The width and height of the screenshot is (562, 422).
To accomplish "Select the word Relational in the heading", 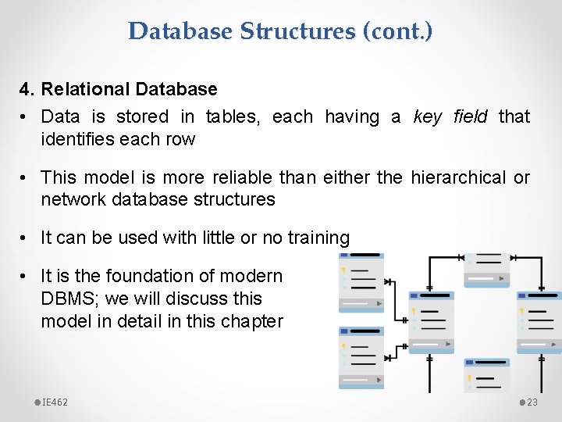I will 85,90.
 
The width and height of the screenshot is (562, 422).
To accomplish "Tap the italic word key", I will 427,117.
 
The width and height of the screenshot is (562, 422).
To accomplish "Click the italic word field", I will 470,117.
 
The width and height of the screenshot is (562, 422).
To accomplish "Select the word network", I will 73,200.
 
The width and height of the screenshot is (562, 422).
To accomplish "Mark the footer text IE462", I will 54,402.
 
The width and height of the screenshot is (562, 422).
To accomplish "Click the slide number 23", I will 532,402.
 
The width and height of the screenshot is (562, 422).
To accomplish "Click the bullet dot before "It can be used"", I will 25,238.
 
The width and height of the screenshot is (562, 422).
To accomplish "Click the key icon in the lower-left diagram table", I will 343,345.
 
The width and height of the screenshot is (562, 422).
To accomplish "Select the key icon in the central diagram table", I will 414,311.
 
